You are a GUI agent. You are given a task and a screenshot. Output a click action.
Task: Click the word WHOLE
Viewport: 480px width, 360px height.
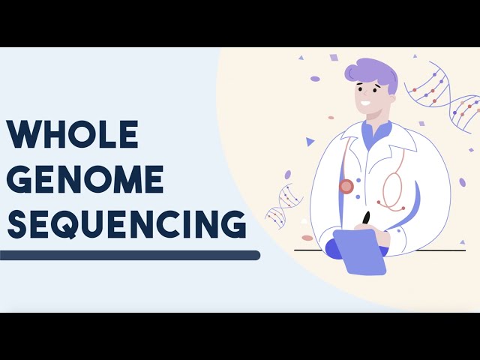73,135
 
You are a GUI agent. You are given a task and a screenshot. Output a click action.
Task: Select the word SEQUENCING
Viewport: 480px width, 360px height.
126,224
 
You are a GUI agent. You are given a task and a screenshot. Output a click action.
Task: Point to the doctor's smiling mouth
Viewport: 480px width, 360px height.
365,103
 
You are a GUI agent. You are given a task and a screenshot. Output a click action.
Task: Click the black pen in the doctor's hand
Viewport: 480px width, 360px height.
367,218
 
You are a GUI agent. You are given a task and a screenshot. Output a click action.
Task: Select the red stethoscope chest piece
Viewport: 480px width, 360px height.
346,186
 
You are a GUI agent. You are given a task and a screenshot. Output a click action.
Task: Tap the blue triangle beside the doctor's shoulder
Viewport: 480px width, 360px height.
310,141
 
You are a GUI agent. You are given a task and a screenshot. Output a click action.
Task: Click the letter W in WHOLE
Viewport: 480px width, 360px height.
22,135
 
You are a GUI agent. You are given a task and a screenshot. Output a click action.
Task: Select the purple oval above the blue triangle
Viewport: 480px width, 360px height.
315,79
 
